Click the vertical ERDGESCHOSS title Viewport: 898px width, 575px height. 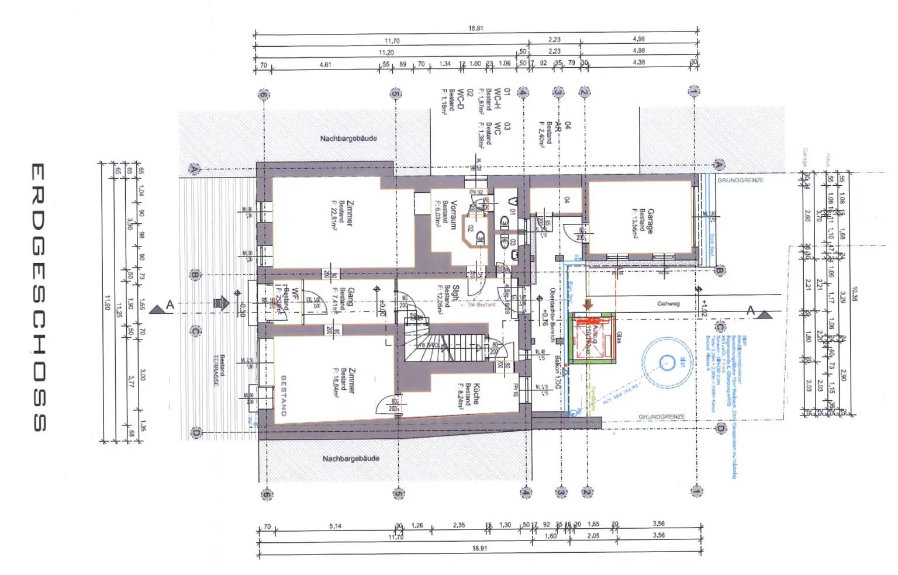click(37, 297)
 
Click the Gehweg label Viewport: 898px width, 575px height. click(668, 304)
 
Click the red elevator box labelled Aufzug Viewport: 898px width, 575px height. click(591, 337)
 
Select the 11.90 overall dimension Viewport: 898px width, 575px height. click(107, 302)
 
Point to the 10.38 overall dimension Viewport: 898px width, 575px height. click(854, 294)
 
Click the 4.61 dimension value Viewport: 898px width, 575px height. click(325, 64)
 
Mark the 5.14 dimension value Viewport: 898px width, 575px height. click(335, 526)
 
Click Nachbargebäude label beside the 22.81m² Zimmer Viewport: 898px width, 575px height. click(348, 138)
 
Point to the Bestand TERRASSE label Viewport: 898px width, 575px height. click(219, 370)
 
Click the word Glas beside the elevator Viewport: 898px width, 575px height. click(619, 337)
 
